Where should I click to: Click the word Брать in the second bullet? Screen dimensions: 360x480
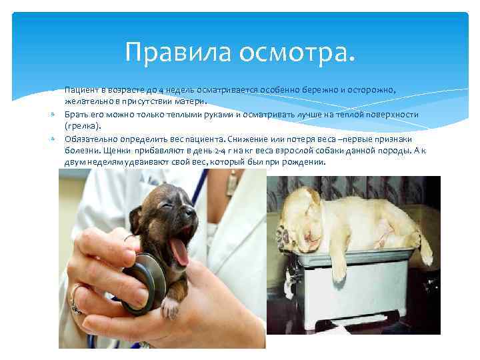click(76, 114)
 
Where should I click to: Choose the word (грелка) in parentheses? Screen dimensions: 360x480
click(83, 126)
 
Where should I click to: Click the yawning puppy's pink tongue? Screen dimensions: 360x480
click(179, 252)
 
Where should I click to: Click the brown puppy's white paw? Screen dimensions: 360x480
click(172, 307)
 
